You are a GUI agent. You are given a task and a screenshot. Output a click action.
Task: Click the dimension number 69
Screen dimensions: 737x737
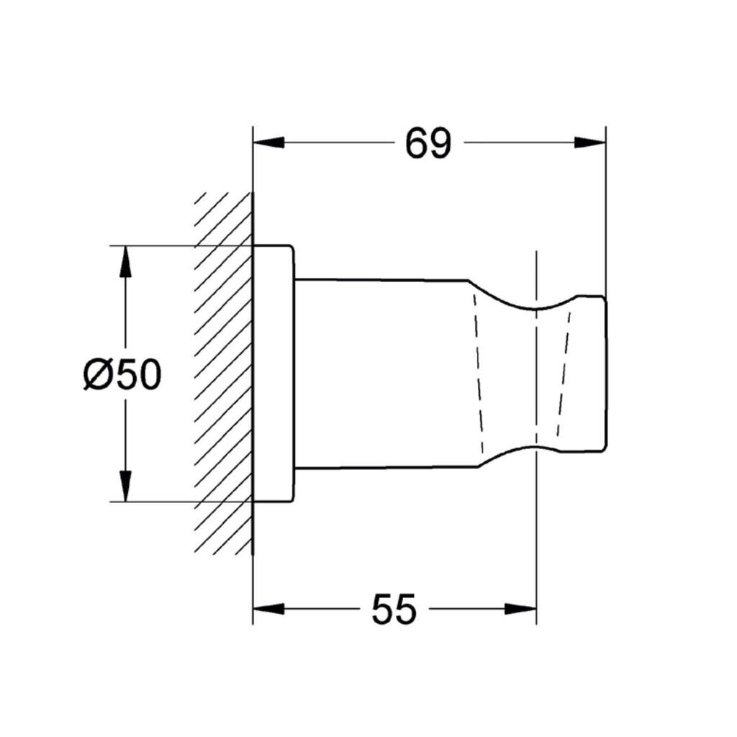pyautogui.click(x=428, y=143)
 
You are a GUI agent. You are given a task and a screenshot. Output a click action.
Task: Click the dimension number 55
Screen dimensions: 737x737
pyautogui.click(x=394, y=609)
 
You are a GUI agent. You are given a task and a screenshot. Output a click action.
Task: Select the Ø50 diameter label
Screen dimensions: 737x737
pyautogui.click(x=122, y=374)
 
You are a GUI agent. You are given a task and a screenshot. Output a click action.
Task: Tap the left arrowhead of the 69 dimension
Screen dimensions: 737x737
pyautogui.click(x=268, y=143)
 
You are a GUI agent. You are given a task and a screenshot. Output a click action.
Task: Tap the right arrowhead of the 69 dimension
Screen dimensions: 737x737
pyautogui.click(x=590, y=143)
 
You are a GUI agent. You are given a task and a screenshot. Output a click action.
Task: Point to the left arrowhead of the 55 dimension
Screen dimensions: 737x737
pyautogui.click(x=268, y=609)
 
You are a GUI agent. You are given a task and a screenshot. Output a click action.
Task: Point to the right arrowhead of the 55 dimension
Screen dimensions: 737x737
pyautogui.click(x=520, y=609)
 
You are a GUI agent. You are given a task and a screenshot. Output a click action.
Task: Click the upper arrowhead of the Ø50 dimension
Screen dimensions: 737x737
pyautogui.click(x=125, y=261)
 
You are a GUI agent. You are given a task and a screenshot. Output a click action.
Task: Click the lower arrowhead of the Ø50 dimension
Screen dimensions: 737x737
pyautogui.click(x=125, y=486)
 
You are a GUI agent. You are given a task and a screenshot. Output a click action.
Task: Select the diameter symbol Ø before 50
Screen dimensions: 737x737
pyautogui.click(x=98, y=374)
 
